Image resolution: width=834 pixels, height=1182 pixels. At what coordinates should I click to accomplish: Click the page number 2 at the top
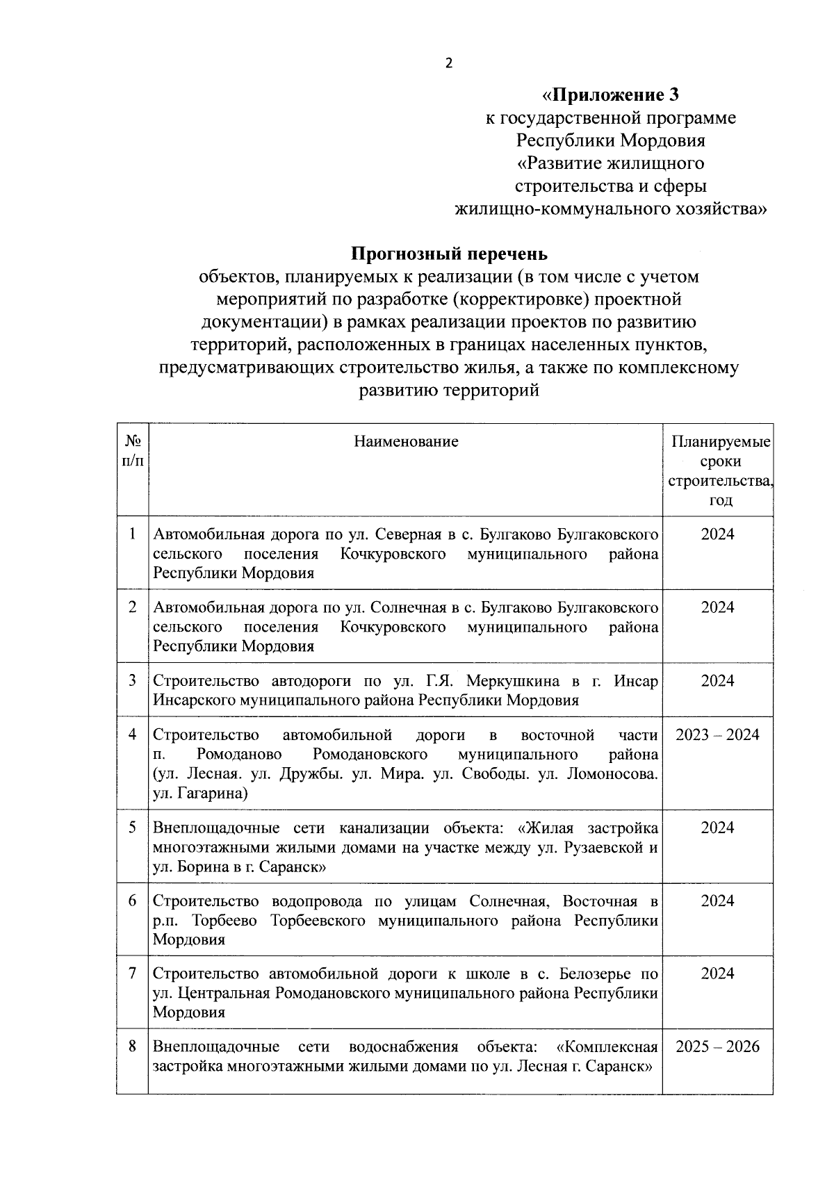coord(448,63)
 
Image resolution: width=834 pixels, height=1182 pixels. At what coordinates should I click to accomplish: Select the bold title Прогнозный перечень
coord(449,254)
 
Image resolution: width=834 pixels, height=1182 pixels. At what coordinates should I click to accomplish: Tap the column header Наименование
coord(406,441)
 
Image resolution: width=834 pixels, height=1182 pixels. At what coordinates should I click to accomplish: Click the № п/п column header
coord(132,451)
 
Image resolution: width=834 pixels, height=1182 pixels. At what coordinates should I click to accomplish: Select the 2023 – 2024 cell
coord(717,734)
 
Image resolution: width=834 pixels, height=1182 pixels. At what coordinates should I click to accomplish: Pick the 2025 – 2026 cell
coord(717,1046)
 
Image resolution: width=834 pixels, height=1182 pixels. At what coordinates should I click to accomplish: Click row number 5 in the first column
coord(132,827)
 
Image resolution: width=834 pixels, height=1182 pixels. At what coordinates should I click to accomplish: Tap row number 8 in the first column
coord(132,1046)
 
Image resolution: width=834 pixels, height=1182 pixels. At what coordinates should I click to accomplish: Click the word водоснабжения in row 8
coord(404,1046)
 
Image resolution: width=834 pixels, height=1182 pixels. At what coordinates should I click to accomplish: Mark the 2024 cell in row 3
coord(717,680)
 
